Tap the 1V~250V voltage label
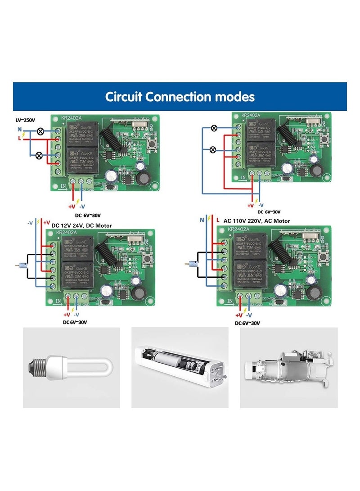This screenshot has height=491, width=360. pyautogui.click(x=25, y=120)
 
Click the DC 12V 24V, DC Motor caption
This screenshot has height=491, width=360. pyautogui.click(x=82, y=225)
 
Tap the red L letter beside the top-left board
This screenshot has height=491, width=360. pyautogui.click(x=18, y=138)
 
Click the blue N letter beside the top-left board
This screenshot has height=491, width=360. pyautogui.click(x=19, y=129)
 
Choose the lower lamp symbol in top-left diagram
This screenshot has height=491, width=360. pyautogui.click(x=39, y=156)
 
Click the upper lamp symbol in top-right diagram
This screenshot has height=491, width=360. pyautogui.click(x=214, y=128)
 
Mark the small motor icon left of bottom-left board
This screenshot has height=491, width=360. pyautogui.click(x=18, y=265)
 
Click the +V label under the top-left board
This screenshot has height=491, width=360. pyautogui.click(x=72, y=206)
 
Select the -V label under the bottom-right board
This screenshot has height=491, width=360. pyautogui.click(x=249, y=315)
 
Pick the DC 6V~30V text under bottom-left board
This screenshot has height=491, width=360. pyautogui.click(x=75, y=322)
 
